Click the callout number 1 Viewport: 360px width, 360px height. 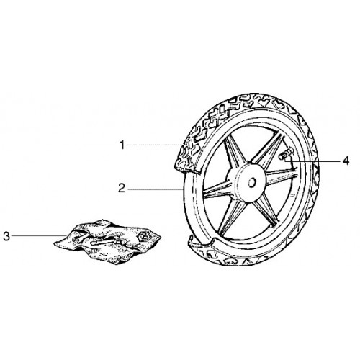tap(122, 145)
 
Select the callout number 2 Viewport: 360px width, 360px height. tap(122, 189)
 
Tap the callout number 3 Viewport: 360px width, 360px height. tap(6, 236)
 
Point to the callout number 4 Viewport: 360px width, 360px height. tap(346, 161)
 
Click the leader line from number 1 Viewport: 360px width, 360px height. tap(154, 145)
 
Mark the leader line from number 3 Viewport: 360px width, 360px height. tap(39, 235)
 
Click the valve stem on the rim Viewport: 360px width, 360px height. tap(285, 155)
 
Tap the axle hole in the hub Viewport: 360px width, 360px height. tap(251, 183)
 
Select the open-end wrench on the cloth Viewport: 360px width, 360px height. tap(79, 239)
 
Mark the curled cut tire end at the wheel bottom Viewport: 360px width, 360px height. tap(199, 243)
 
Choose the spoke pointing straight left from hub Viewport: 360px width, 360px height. tap(216, 191)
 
